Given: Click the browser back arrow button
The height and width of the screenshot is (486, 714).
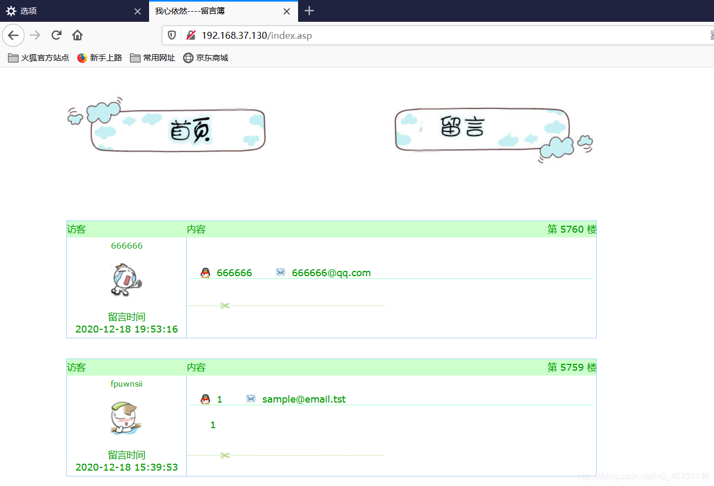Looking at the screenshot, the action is pos(13,35).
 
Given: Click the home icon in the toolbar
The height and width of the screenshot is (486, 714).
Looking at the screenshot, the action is pos(77,35).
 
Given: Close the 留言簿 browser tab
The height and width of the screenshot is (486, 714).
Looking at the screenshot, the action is pos(286,12).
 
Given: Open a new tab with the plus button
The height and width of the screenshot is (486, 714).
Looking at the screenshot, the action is pos(309,11).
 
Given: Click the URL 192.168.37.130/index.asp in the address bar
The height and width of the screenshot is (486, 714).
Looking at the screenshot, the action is pos(257,36).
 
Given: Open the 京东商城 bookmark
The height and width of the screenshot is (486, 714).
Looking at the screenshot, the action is pos(206,58).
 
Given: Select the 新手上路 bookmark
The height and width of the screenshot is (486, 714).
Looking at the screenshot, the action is pos(99,58).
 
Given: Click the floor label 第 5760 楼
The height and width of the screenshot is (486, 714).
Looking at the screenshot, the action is pos(572,229).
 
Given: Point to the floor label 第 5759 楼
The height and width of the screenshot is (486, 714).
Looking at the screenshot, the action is pos(572,368).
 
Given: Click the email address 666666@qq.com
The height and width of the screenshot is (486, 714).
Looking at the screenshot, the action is pos(331,273).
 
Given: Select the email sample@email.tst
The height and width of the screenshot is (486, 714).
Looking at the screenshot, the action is pos(304,399).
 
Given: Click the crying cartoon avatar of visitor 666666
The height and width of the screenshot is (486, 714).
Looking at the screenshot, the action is pos(126,280).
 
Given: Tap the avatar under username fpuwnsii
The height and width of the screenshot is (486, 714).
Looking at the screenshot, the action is pos(126,418).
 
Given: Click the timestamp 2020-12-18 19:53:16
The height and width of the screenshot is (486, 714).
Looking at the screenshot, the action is pos(127,329).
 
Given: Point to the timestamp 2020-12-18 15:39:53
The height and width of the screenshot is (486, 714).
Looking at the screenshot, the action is pos(127,467).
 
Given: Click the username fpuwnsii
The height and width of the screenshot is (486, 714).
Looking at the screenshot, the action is pos(127,384).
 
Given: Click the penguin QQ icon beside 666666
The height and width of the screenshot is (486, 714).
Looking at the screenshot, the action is pos(205,272).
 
